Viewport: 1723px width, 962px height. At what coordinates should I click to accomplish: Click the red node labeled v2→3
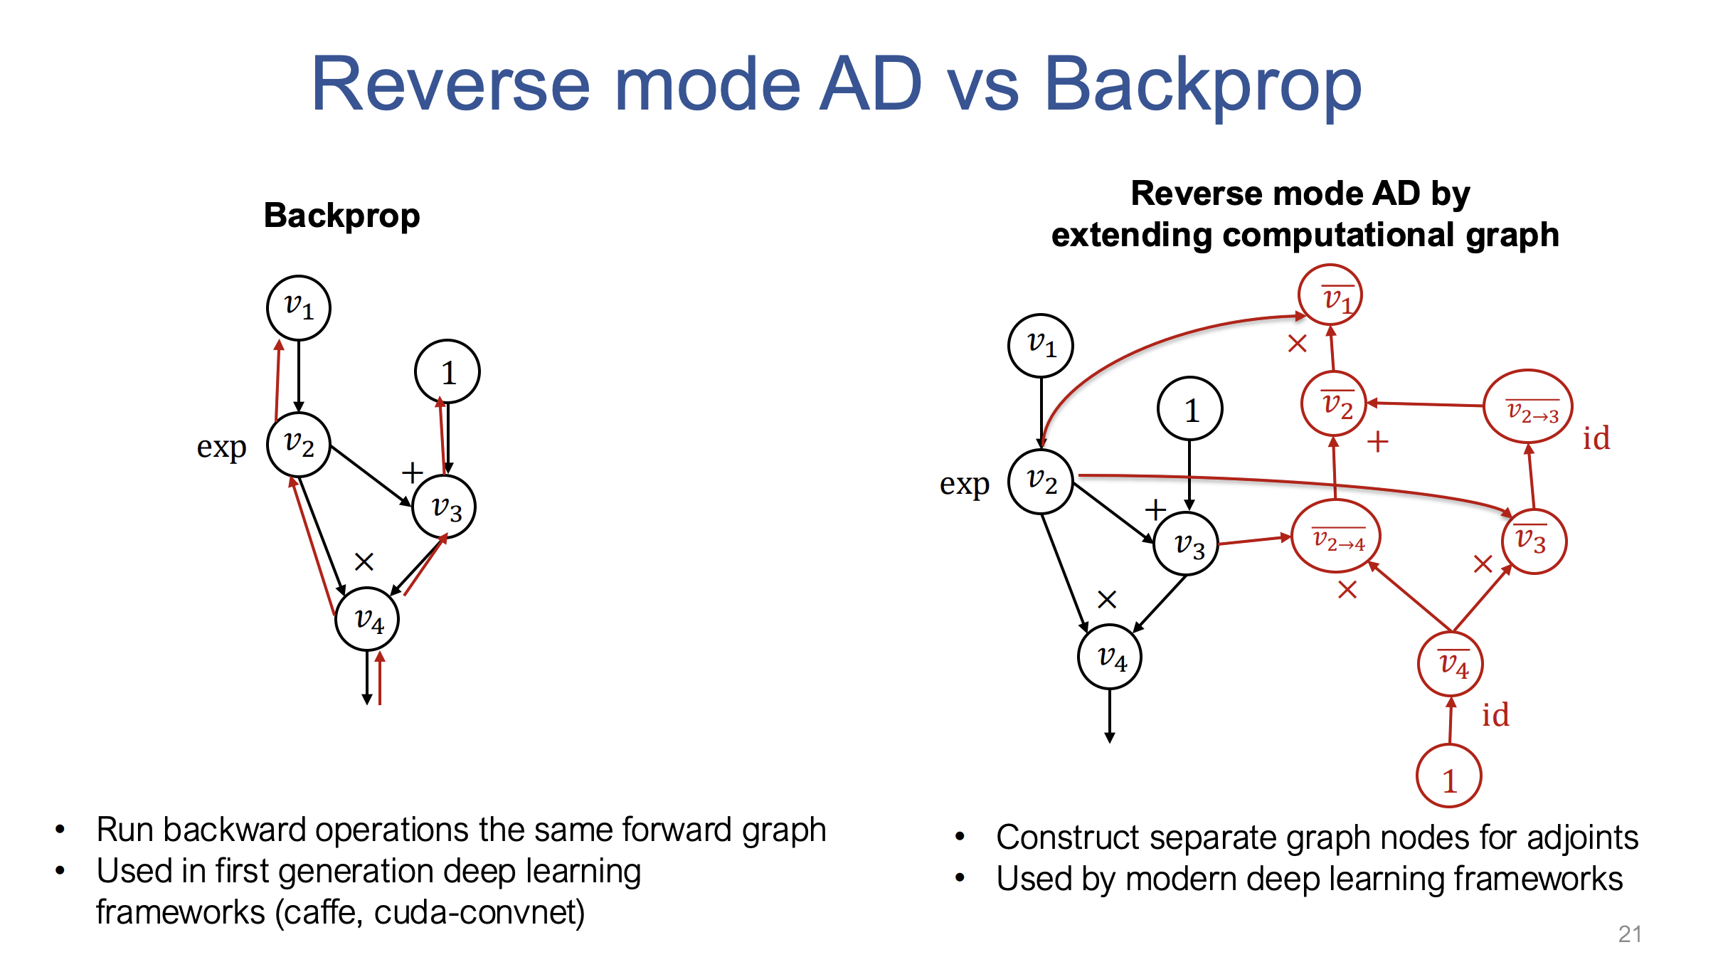point(1527,408)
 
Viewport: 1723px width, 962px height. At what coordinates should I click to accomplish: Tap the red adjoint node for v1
point(1330,295)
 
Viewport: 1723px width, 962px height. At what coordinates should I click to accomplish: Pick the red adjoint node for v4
point(1451,663)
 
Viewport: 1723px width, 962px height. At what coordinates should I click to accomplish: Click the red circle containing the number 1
point(1449,776)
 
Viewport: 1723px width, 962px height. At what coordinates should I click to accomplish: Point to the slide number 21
point(1630,934)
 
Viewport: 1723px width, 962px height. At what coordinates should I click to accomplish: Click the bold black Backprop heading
point(341,216)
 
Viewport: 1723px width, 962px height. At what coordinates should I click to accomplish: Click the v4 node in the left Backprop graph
point(367,619)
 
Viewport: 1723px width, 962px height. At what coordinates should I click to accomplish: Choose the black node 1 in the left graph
point(447,372)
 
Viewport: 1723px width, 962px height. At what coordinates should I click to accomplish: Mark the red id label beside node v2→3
point(1596,438)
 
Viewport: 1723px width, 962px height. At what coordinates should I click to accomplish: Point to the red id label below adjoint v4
point(1495,715)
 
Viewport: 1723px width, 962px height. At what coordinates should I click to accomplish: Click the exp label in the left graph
point(221,447)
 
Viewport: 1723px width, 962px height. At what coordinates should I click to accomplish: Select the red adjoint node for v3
point(1534,541)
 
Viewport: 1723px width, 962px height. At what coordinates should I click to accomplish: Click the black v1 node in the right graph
point(1041,346)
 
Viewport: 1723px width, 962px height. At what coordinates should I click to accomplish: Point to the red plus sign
point(1377,442)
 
